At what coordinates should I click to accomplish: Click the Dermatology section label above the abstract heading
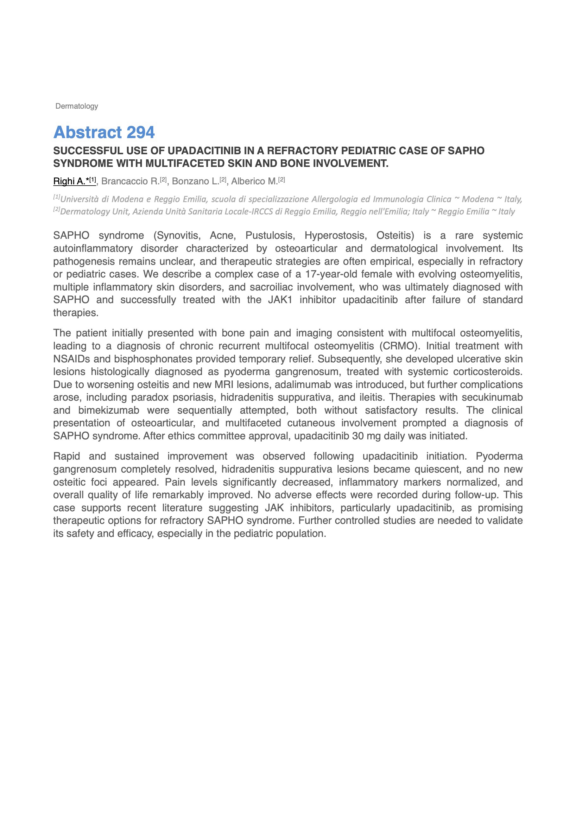(77, 106)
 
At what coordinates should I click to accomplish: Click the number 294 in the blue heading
(141, 132)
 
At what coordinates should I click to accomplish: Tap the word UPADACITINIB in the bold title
(204, 151)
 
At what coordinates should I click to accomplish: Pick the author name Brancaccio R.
(130, 181)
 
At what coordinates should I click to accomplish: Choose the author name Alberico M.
(254, 181)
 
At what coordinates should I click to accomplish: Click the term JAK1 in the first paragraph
(280, 300)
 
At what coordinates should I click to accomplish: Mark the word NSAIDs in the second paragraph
(71, 359)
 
